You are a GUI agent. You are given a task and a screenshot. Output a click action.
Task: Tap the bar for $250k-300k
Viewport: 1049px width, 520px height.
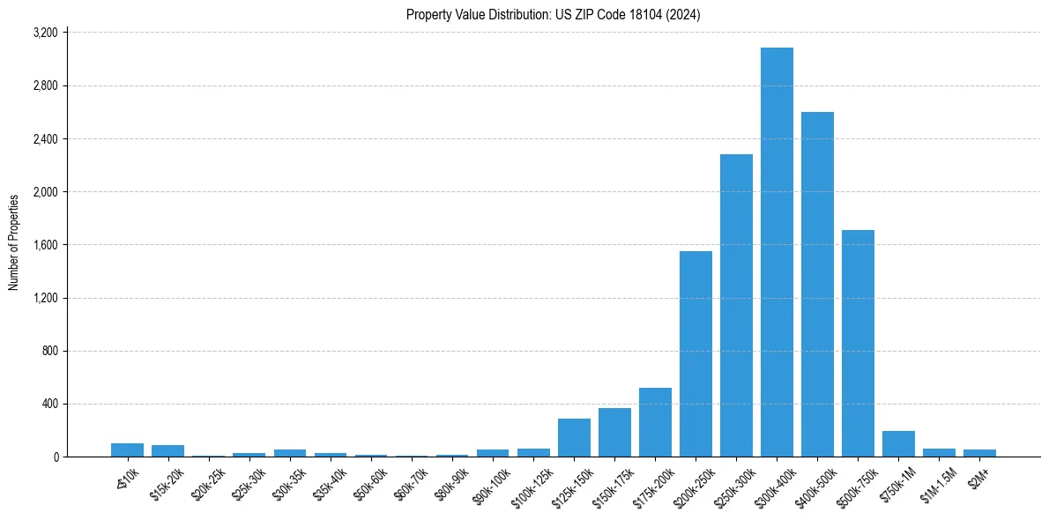pyautogui.click(x=736, y=305)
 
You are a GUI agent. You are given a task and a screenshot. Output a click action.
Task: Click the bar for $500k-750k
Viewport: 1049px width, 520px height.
pyautogui.click(x=858, y=343)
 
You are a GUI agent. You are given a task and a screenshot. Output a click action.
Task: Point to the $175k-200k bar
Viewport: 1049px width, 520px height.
pyautogui.click(x=655, y=422)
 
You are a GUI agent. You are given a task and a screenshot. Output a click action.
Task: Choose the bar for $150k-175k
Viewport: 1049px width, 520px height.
pyautogui.click(x=614, y=432)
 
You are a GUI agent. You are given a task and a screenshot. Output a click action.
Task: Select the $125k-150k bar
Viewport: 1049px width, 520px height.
pyautogui.click(x=574, y=437)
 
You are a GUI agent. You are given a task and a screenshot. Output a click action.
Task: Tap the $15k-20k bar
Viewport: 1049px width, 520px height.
pyautogui.click(x=167, y=450)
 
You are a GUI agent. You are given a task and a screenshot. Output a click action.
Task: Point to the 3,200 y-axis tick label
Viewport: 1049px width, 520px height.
pyautogui.click(x=45, y=33)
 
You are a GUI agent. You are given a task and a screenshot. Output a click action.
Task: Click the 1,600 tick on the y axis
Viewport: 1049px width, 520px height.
pyautogui.click(x=45, y=245)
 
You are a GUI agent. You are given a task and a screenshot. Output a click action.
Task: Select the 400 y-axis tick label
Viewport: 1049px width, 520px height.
pyautogui.click(x=49, y=404)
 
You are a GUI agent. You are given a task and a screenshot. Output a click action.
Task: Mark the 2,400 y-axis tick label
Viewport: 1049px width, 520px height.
pyautogui.click(x=45, y=138)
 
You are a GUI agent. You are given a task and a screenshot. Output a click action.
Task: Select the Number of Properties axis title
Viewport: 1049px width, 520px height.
pyautogui.click(x=14, y=242)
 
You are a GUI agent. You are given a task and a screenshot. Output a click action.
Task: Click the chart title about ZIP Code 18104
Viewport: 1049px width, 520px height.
pyautogui.click(x=553, y=14)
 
